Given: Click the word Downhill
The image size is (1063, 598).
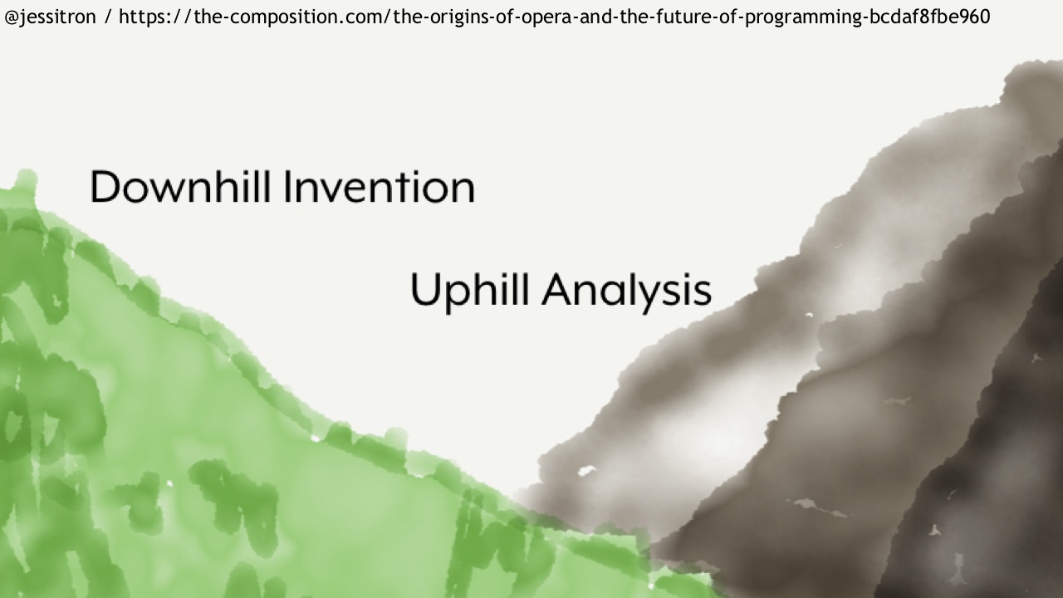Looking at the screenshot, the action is [x=180, y=187].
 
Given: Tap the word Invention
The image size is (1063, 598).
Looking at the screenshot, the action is [x=380, y=188].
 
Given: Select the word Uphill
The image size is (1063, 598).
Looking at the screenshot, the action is [x=470, y=291].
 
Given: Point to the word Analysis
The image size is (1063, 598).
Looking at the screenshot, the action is [x=627, y=291].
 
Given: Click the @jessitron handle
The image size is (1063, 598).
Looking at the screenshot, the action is [x=50, y=17].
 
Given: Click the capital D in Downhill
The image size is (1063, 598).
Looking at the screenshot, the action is [x=105, y=187].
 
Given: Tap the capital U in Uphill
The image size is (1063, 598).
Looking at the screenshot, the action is [x=424, y=289].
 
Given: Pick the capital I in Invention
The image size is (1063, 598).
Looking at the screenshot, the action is [x=287, y=187].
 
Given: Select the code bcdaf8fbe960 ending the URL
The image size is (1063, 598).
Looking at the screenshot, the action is [x=929, y=17].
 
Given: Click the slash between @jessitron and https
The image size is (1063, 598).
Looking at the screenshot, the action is [x=109, y=17].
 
